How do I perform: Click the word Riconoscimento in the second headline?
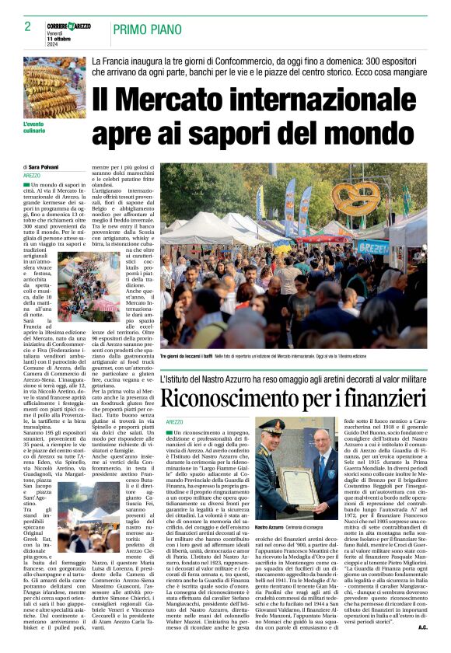(x=238, y=400)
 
